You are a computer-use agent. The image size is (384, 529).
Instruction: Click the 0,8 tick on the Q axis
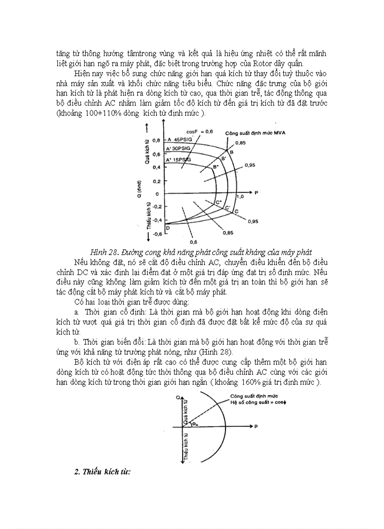[156, 140]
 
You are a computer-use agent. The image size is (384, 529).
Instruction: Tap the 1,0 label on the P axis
[240, 196]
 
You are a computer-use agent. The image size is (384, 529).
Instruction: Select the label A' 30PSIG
[178, 148]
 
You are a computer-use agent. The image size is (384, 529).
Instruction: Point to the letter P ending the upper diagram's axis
[256, 193]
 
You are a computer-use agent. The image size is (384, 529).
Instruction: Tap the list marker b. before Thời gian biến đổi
[76, 341]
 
